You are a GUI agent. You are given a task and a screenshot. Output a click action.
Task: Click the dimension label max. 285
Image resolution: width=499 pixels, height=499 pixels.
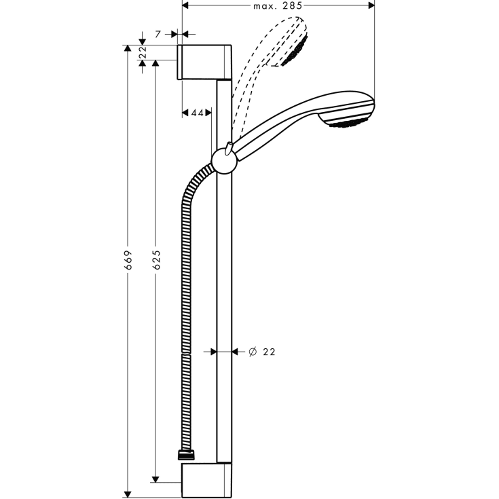click(278, 6)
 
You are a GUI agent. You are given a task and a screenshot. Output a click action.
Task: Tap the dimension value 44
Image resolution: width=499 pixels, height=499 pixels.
click(197, 112)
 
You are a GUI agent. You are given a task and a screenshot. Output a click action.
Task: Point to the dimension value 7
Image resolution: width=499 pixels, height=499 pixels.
click(157, 33)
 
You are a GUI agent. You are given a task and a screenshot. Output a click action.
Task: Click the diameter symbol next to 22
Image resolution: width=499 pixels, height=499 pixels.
click(252, 352)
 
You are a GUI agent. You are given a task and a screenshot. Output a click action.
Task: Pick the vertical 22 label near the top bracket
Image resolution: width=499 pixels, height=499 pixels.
click(142, 52)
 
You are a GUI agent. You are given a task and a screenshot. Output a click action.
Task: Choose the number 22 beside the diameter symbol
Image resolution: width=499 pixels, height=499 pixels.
click(268, 352)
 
